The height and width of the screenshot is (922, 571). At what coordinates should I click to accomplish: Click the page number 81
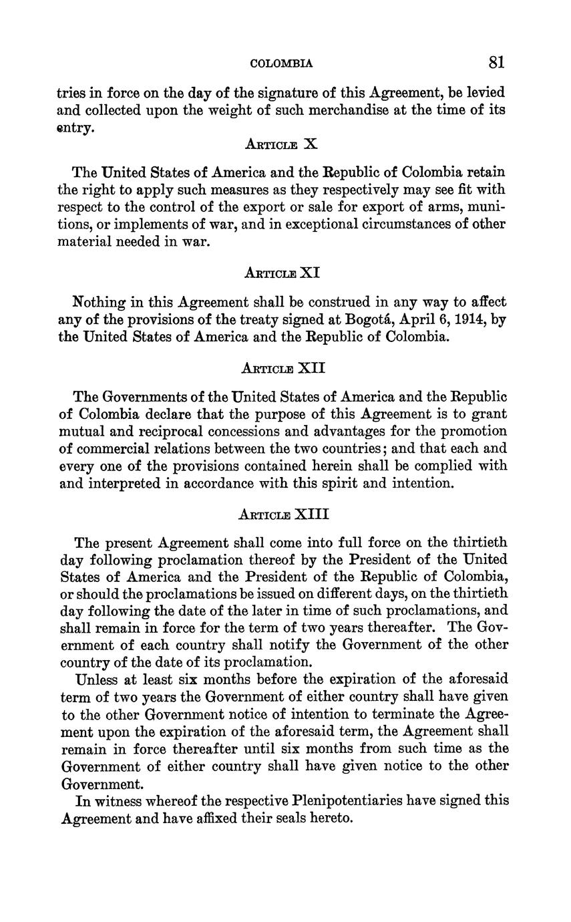click(496, 63)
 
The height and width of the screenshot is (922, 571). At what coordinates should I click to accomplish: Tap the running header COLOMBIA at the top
click(281, 64)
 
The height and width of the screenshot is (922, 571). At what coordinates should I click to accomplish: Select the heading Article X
click(280, 144)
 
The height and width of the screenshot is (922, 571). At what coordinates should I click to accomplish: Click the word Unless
click(98, 679)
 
